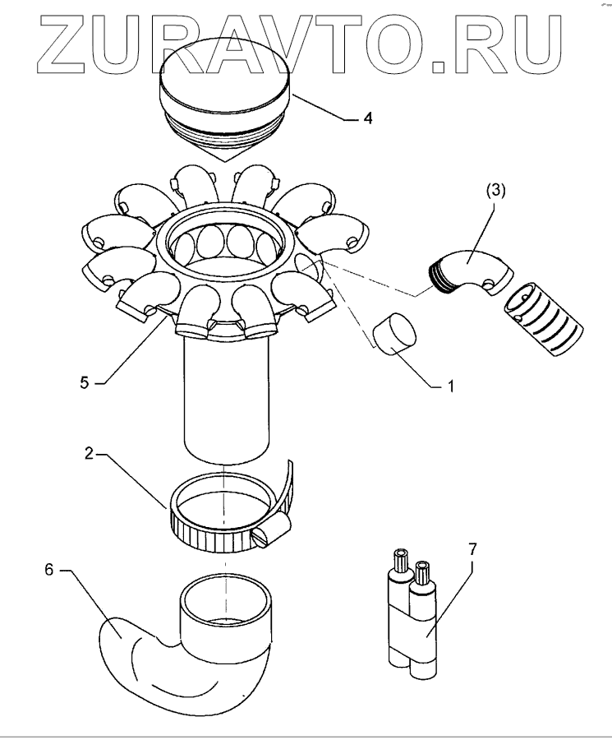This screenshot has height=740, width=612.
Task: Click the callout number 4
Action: [x=367, y=118]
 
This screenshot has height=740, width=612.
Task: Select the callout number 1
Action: [x=449, y=384]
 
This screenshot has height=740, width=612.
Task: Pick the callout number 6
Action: [x=48, y=570]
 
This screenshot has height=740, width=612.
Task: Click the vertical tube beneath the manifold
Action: [x=227, y=403]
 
